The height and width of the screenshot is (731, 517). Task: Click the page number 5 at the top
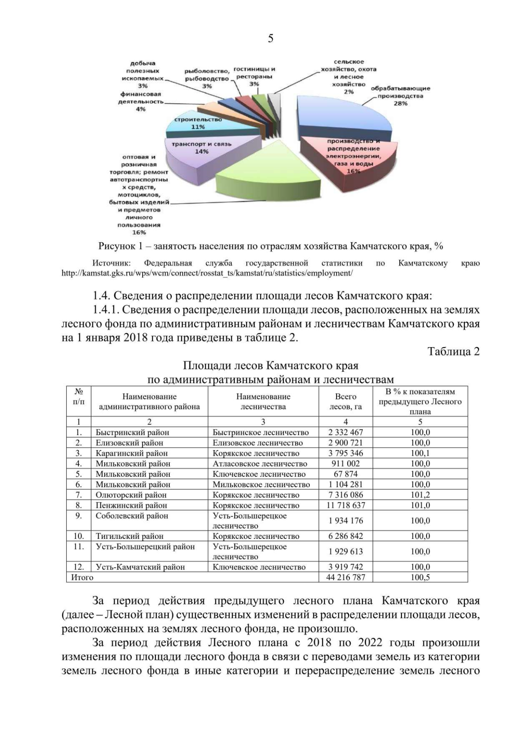pos(270,39)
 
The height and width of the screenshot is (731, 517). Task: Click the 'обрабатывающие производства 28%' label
pos(400,96)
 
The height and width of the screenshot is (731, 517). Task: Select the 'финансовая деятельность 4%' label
pos(141,102)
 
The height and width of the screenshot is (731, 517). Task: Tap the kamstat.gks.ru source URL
pos(207,273)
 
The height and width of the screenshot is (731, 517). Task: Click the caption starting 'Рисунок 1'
pos(271,246)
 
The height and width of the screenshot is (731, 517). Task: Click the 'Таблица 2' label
pos(453,352)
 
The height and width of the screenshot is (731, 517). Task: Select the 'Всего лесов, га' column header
pos(346,401)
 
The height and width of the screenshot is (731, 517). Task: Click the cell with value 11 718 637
pos(346,505)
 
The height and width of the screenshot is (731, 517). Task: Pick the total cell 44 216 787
pos(346,577)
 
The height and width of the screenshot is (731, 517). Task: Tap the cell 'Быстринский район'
pos(132,432)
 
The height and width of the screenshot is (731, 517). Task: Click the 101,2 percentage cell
pos(420,495)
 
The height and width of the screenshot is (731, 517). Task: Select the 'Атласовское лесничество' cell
pos(260,464)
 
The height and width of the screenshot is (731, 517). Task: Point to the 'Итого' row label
pos(82,577)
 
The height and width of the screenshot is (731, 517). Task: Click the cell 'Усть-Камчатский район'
pos(140,567)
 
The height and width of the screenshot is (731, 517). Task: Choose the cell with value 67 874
pos(346,474)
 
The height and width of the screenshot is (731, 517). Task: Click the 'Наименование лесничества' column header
pos(263,401)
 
